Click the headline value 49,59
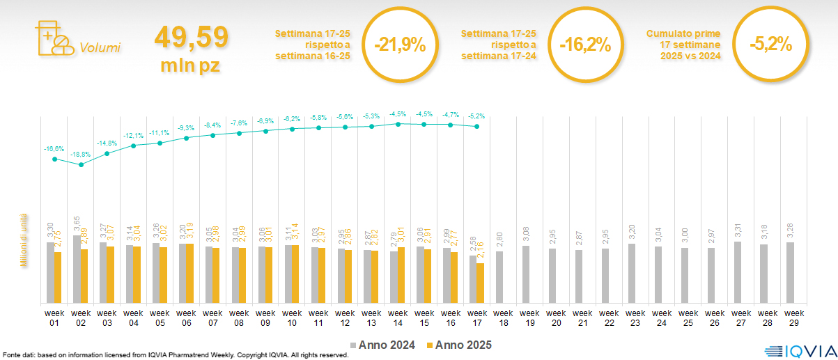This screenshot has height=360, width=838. tap(191, 37)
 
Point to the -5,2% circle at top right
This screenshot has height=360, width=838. tap(770, 44)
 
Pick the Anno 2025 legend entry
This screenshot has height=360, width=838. tap(459, 345)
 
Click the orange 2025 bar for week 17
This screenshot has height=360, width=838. tap(480, 283)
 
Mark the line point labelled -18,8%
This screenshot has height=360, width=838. tap(82, 164)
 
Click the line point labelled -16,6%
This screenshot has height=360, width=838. tap(55, 159)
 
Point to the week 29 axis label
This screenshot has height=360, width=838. tap(792, 318)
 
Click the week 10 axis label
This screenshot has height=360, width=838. tap(293, 318)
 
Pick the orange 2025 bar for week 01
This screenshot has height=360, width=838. tap(58, 277)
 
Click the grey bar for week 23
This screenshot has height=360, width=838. tap(632, 273)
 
